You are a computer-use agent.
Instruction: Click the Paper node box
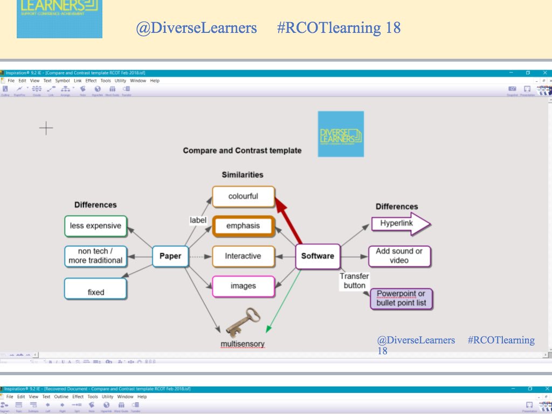[170, 256]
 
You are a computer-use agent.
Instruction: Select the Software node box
[318, 256]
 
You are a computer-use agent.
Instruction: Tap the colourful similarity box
[243, 196]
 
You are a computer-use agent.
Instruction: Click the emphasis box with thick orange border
[243, 226]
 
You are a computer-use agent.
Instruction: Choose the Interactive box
[243, 256]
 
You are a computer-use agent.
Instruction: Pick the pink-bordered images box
[243, 286]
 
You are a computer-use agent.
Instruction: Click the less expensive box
[95, 226]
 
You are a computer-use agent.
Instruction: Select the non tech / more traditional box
[95, 256]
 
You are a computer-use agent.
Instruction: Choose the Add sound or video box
[399, 256]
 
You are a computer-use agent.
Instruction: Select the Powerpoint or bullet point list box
[401, 298]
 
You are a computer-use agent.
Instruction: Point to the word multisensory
[243, 344]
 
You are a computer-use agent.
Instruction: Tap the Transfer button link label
[354, 280]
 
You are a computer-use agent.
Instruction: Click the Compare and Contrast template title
[242, 150]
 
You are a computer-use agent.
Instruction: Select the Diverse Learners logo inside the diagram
[341, 134]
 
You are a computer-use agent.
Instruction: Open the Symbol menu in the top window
[62, 81]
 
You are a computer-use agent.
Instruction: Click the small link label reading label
[198, 220]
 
